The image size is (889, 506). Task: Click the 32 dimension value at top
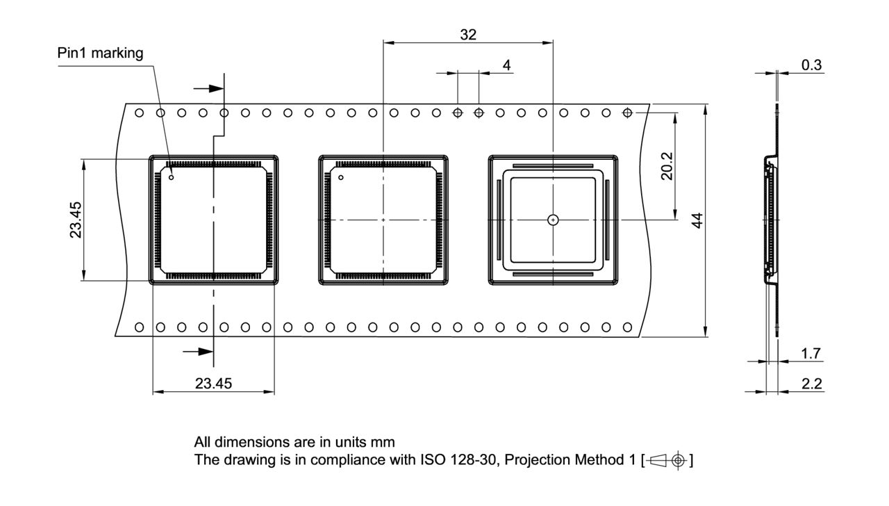(x=468, y=34)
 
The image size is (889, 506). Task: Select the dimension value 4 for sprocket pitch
(x=506, y=65)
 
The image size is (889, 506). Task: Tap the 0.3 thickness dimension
(x=811, y=65)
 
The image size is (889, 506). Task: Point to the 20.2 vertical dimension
(x=667, y=167)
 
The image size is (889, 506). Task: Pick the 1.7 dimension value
(x=811, y=354)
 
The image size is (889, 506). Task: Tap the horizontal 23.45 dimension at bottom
(x=213, y=384)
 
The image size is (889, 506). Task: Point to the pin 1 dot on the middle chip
(x=341, y=178)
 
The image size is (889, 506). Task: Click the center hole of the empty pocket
(x=553, y=220)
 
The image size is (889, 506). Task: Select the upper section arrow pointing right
(x=208, y=88)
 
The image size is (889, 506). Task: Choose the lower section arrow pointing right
(x=198, y=352)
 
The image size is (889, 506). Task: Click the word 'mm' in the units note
(x=384, y=442)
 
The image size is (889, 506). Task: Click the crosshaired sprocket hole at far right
(x=627, y=113)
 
